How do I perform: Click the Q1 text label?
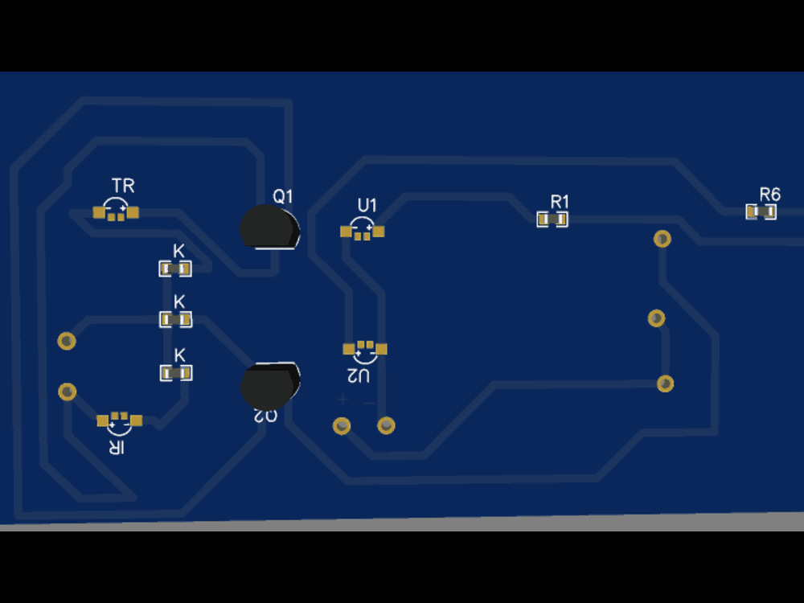tap(283, 196)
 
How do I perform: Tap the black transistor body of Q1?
tap(269, 227)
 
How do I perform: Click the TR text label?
tap(123, 187)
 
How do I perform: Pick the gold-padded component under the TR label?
tap(117, 212)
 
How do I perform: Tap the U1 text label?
tap(367, 205)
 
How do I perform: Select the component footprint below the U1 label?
tap(362, 232)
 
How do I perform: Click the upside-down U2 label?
tap(359, 375)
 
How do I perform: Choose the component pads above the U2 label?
tap(365, 348)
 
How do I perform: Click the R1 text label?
tap(560, 201)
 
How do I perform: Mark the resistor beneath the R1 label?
tap(552, 219)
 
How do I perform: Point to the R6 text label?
tap(769, 195)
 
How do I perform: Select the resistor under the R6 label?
tap(761, 211)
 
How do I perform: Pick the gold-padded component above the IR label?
tap(120, 420)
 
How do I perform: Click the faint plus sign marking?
tap(343, 400)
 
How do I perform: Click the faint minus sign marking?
tap(369, 401)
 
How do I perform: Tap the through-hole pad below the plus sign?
tap(342, 425)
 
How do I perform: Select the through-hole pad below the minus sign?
tap(387, 425)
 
